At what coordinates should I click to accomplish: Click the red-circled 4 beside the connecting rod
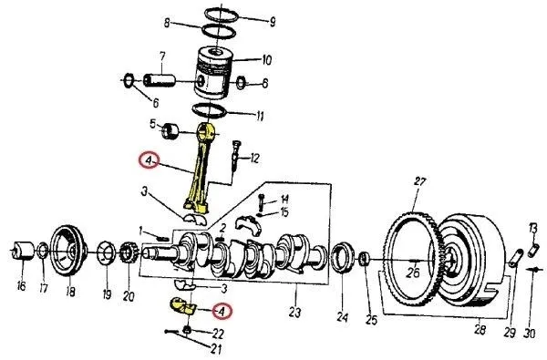148,162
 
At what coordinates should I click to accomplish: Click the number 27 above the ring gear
419,181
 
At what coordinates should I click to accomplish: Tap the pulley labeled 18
66,247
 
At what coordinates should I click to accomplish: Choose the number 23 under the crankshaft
294,313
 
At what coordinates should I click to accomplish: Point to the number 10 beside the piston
266,61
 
